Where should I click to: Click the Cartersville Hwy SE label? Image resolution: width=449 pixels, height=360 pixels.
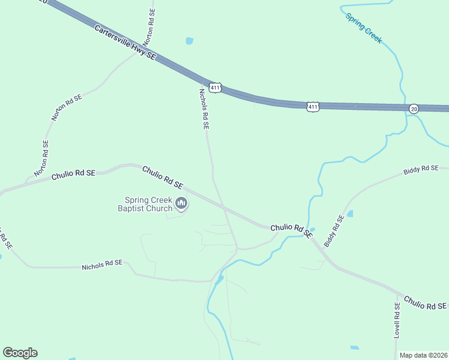click(x=125, y=42)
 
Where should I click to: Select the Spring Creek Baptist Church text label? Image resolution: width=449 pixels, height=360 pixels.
click(x=148, y=205)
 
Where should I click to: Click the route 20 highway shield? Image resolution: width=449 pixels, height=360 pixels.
click(x=414, y=109)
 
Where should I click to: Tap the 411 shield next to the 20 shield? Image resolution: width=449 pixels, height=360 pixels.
click(x=313, y=107)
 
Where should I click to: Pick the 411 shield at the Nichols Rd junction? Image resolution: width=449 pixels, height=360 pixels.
click(x=215, y=88)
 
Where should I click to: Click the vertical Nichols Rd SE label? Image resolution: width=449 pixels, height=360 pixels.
click(x=204, y=109)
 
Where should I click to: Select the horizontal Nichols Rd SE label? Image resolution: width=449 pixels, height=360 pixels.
click(x=102, y=264)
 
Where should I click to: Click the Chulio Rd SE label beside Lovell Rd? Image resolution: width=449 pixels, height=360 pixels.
click(x=425, y=302)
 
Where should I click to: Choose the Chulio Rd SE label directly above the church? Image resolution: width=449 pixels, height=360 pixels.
click(x=162, y=178)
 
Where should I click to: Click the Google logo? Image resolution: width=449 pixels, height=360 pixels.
click(x=20, y=353)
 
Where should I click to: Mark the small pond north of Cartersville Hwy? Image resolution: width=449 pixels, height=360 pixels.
click(x=190, y=41)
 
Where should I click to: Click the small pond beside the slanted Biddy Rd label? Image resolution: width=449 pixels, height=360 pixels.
click(x=349, y=214)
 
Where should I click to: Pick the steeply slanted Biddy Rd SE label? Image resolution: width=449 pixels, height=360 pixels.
click(x=334, y=230)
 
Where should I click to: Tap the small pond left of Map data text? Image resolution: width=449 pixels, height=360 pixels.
click(x=355, y=347)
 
